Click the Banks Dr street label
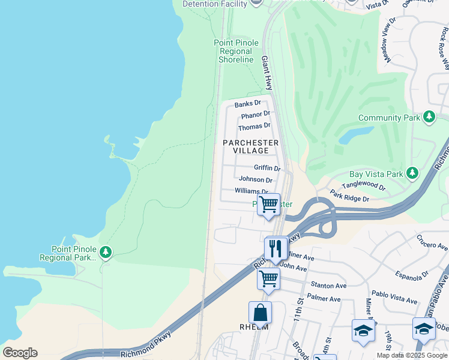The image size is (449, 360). [x=248, y=104]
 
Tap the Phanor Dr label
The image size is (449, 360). [x=255, y=115]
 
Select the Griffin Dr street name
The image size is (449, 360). [x=267, y=168]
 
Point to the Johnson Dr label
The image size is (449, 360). [x=256, y=179]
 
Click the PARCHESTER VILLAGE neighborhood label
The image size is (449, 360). [x=250, y=146]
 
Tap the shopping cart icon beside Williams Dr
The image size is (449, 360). [x=268, y=205]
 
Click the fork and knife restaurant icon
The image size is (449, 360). [x=276, y=248]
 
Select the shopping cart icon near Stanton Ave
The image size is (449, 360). [x=268, y=279]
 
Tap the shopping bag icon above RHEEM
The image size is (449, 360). [x=260, y=313]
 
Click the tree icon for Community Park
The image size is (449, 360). [x=429, y=117]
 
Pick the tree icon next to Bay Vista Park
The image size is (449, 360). [x=412, y=173]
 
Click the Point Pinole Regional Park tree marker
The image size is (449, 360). [x=106, y=252]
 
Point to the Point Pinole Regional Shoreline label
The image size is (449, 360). [x=237, y=51]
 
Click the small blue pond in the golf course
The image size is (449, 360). [x=350, y=136]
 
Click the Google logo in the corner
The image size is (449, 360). [x=20, y=353]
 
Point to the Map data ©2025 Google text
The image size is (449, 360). [x=412, y=355]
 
